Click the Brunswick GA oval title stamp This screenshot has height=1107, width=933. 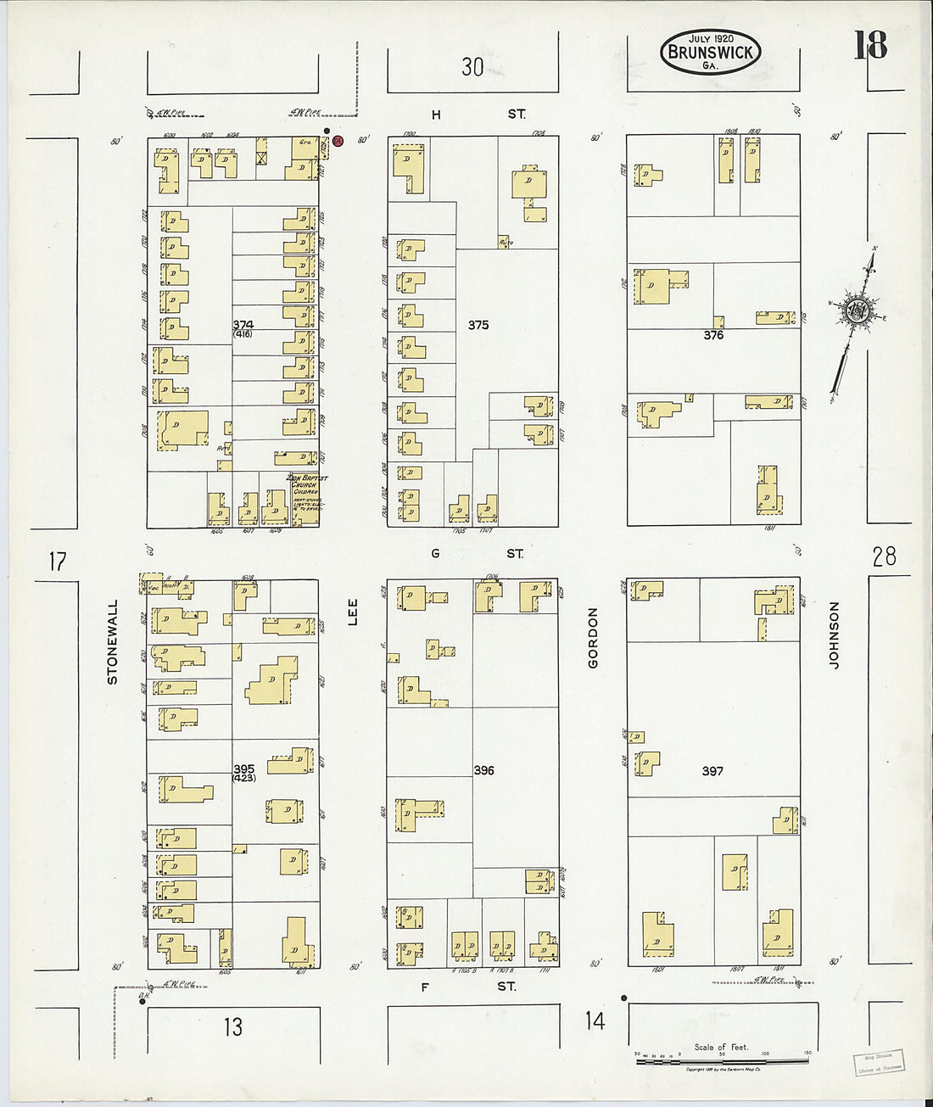pos(711,52)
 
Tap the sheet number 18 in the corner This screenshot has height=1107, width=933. pos(870,46)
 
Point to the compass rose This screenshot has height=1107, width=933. pos(854,311)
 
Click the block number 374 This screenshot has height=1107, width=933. pos(243,325)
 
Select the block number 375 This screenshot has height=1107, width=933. pos(478,325)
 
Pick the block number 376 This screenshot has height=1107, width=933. pos(713,335)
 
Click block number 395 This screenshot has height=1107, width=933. pos(244,769)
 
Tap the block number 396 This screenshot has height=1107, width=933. pos(483,770)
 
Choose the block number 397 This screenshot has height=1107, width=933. pos(712,771)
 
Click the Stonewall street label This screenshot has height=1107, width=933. pos(113,642)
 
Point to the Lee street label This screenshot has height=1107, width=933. pos(353,612)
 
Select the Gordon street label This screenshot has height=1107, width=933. pos(593,637)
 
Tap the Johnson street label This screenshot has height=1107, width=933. pos(834,635)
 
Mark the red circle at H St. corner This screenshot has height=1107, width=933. pos(337,142)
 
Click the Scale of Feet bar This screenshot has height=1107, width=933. pos(722,1060)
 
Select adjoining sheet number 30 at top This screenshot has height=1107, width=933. pos(472,67)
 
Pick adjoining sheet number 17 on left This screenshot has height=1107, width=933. pos(57,562)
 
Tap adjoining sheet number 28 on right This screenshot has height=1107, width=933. pos(884,556)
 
